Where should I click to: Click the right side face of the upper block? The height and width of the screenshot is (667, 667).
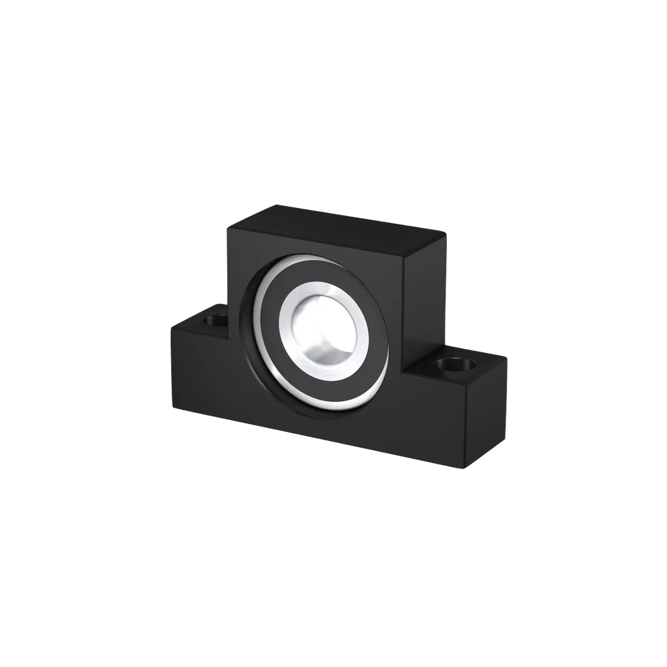tap(423, 300)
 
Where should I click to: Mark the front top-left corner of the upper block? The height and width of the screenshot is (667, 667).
tap(227, 228)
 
